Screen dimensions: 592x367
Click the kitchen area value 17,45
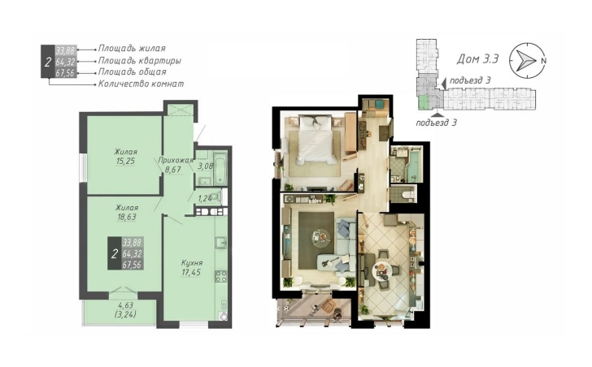click(x=191, y=273)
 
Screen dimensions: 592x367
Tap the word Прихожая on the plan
click(x=176, y=160)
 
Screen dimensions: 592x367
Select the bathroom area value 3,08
click(x=206, y=166)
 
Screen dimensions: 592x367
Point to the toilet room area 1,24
click(x=205, y=198)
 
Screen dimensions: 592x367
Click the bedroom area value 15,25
click(x=126, y=161)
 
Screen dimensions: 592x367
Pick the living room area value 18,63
click(x=127, y=217)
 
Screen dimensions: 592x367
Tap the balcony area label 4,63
click(x=125, y=304)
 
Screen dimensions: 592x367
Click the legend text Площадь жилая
click(x=132, y=48)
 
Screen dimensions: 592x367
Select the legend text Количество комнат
click(x=141, y=84)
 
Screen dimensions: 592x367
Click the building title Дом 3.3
click(x=478, y=58)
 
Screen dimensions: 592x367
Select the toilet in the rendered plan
click(x=407, y=194)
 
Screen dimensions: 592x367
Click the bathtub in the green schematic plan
click(x=220, y=168)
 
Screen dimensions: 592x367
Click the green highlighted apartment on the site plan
click(x=424, y=102)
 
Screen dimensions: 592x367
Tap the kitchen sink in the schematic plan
click(x=221, y=242)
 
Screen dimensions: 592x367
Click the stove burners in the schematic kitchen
click(x=221, y=276)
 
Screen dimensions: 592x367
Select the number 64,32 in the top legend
click(x=66, y=61)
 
